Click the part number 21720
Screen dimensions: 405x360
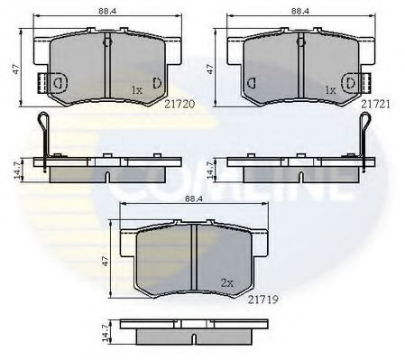pyautogui.click(x=179, y=104)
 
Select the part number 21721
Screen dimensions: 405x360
pyautogui.click(x=375, y=104)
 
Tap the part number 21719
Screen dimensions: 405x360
pyautogui.click(x=263, y=300)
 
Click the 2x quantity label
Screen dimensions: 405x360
pyautogui.click(x=227, y=283)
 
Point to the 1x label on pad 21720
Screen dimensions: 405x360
pyautogui.click(x=137, y=90)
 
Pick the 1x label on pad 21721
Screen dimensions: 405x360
pyautogui.click(x=331, y=90)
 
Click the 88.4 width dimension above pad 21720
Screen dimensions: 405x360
pyautogui.click(x=107, y=11)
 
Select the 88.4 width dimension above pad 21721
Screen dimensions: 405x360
pyautogui.click(x=300, y=11)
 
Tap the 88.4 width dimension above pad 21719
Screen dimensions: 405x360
pyautogui.click(x=194, y=198)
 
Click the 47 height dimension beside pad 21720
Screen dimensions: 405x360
pyautogui.click(x=16, y=69)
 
